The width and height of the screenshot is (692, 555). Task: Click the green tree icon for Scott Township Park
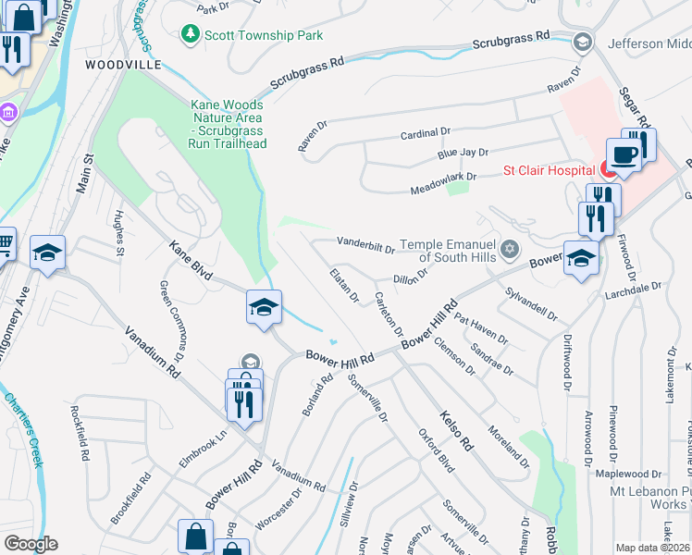coord(190,33)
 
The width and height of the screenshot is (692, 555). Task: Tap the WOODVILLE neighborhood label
coord(123,65)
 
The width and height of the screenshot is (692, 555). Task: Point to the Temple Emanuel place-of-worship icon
coord(508,250)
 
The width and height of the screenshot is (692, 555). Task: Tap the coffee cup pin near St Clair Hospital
coord(624,154)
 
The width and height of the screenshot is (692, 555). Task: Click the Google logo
coord(30,544)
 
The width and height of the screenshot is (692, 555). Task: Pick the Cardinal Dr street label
coord(425,134)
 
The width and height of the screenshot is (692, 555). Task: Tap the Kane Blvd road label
coord(191,261)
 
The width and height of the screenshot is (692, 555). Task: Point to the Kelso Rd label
coord(456,430)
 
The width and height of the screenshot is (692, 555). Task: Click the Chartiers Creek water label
coord(23,425)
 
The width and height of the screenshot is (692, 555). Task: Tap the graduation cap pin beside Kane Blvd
coord(264,307)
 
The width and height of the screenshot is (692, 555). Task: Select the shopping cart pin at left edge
coord(5,245)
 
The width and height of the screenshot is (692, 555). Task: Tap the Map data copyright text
coord(652,548)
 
